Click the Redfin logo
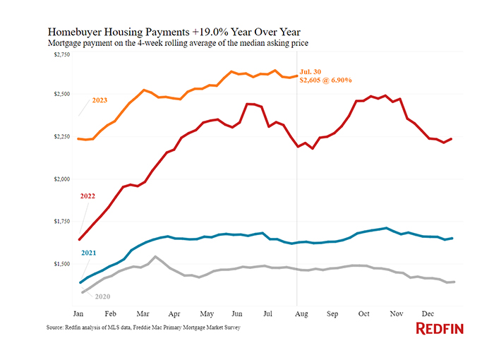click(440, 328)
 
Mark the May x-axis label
click(207, 311)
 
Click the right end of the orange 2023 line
click(296, 76)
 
